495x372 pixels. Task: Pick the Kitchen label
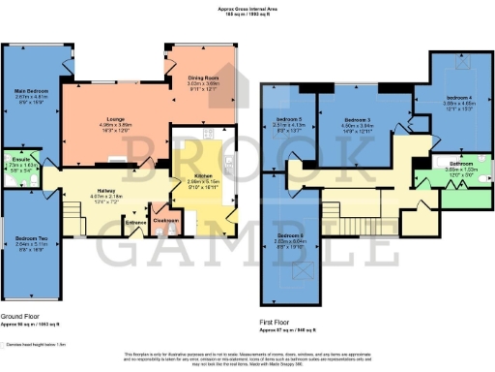click(x=189, y=175)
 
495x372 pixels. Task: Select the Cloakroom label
click(x=166, y=219)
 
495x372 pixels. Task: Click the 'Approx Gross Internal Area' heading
click(x=247, y=9)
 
